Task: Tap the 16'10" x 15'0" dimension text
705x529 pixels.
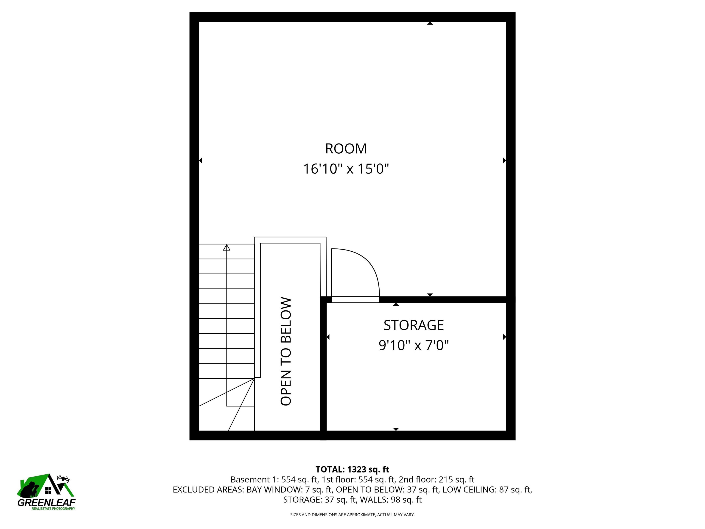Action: click(x=346, y=169)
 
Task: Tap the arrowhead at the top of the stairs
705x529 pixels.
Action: click(x=227, y=248)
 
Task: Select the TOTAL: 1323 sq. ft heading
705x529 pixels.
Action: click(x=352, y=469)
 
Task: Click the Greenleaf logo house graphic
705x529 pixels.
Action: click(x=46, y=486)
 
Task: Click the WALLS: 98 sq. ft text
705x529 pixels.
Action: click(x=391, y=500)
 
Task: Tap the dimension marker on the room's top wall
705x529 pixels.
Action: click(x=430, y=23)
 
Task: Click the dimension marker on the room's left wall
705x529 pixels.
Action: click(x=201, y=160)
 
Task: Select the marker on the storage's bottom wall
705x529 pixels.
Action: click(x=396, y=429)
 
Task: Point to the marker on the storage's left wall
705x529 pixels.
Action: click(x=328, y=337)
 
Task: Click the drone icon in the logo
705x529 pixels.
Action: click(x=63, y=478)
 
